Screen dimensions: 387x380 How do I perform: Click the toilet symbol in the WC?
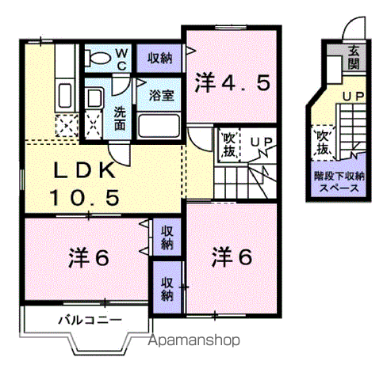(98, 57)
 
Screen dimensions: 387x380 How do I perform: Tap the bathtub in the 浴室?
(159, 126)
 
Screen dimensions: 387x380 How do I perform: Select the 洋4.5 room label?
(232, 83)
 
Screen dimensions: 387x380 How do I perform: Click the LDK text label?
(85, 170)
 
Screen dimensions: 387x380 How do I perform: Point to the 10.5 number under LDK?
(85, 198)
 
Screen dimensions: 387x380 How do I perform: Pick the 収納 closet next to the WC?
(159, 58)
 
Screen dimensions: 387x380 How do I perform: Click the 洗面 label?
(120, 119)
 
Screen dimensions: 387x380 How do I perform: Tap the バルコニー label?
(90, 320)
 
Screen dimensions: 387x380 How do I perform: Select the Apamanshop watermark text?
(193, 340)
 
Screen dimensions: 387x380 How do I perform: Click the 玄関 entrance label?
(354, 58)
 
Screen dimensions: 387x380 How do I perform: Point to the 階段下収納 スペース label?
(339, 182)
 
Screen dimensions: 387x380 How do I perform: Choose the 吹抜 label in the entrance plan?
(323, 142)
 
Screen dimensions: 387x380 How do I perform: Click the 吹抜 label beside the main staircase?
(229, 145)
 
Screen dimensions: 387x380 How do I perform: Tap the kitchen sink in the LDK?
(64, 95)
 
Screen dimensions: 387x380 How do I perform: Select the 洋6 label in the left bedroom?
(89, 258)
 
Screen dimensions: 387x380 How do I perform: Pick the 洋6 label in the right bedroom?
(232, 256)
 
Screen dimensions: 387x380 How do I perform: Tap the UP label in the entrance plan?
(354, 97)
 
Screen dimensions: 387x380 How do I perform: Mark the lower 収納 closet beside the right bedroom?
(167, 287)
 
